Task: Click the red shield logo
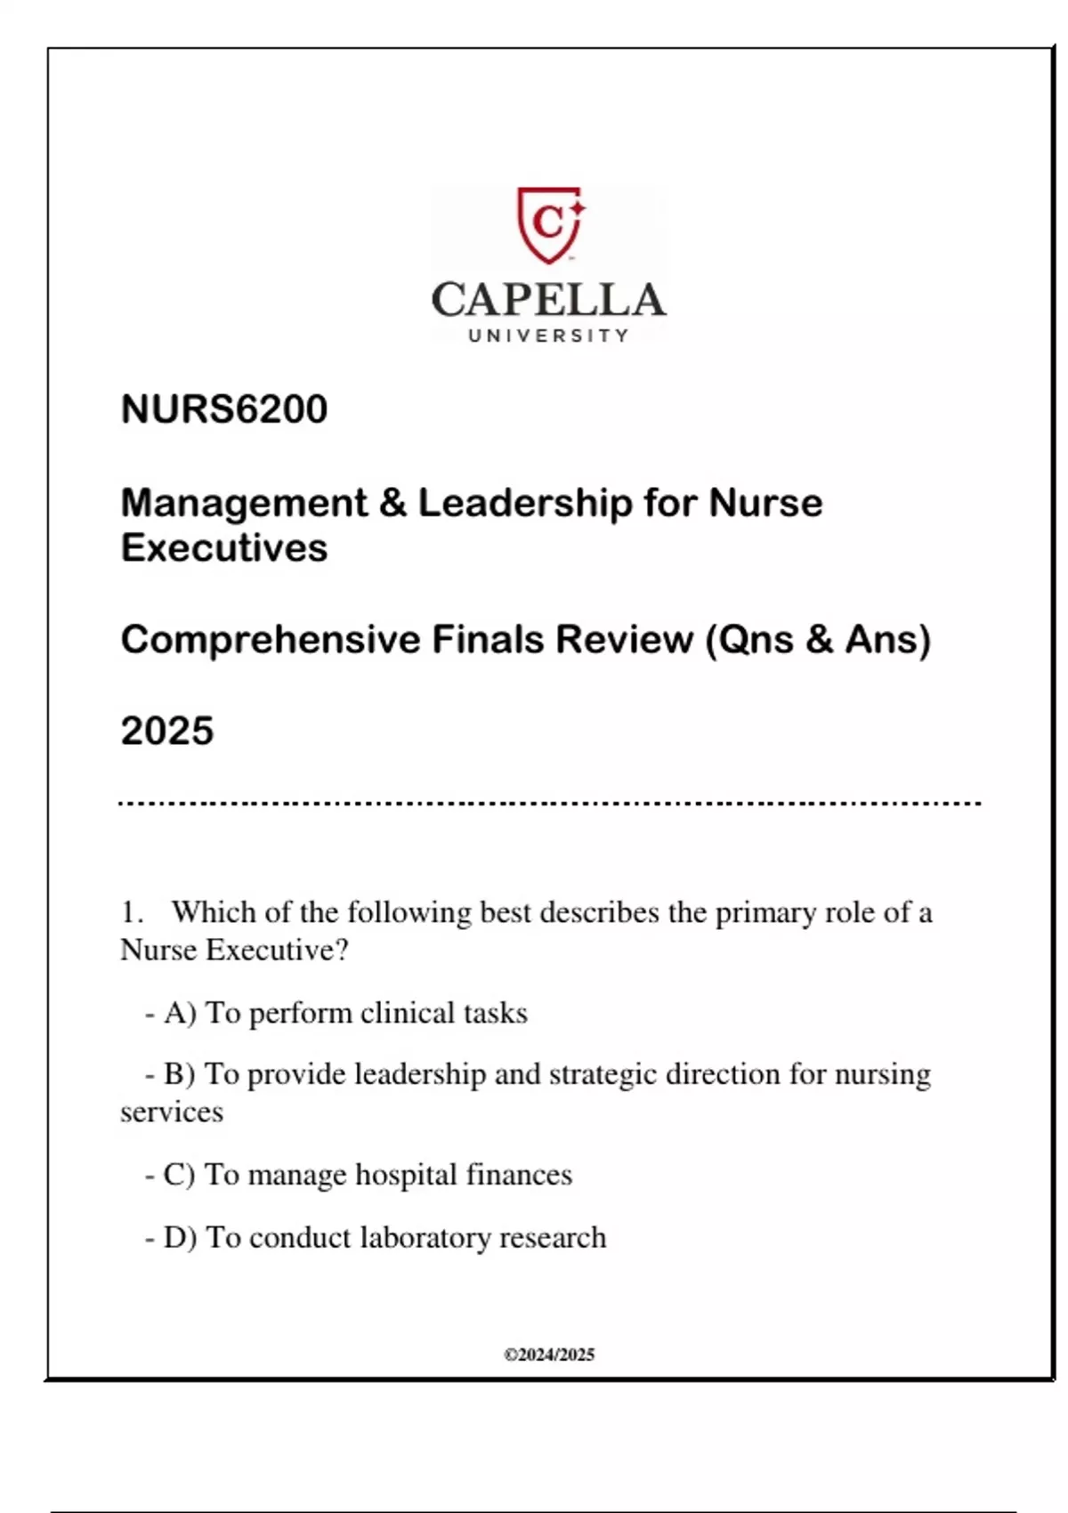point(549,223)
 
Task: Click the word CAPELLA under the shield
point(549,301)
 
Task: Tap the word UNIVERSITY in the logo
point(549,336)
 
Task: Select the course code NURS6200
point(224,409)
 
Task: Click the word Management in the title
point(244,503)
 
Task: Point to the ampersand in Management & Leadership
point(392,503)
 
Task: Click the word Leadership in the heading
point(524,503)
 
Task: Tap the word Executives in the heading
point(224,548)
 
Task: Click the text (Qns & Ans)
point(818,640)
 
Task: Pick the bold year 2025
point(167,732)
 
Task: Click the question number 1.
point(132,912)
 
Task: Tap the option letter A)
point(180,1013)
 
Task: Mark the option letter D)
point(180,1238)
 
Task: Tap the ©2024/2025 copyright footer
point(549,1355)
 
